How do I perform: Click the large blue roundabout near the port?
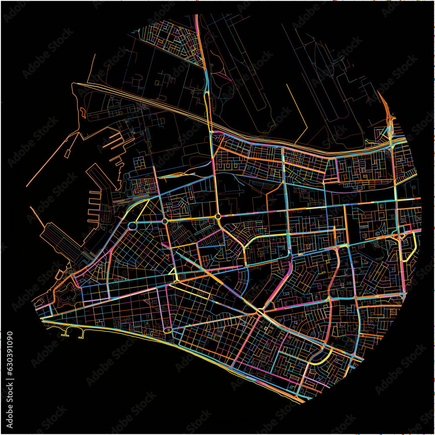pyautogui.click(x=133, y=226)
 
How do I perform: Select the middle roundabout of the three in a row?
pyautogui.click(x=165, y=221)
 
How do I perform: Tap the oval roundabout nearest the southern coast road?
pyautogui.click(x=167, y=331)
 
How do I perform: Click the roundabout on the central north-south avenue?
pyautogui.click(x=217, y=216)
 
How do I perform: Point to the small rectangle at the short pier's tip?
pyautogui.click(x=67, y=153)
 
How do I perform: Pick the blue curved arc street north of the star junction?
pyautogui.click(x=246, y=283)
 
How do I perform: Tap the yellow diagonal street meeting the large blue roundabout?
pyautogui.click(x=142, y=211)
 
